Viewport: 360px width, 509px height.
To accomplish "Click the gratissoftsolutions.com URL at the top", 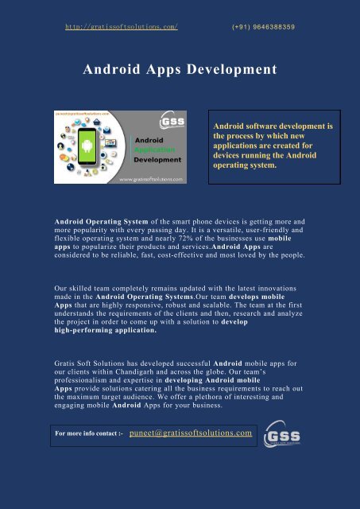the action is (120, 26).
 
